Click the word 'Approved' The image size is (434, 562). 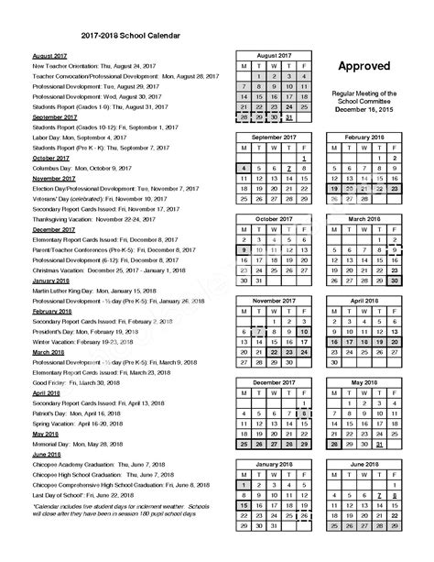363,66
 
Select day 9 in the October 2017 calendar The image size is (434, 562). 244,248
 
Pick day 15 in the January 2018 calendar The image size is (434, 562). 244,504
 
